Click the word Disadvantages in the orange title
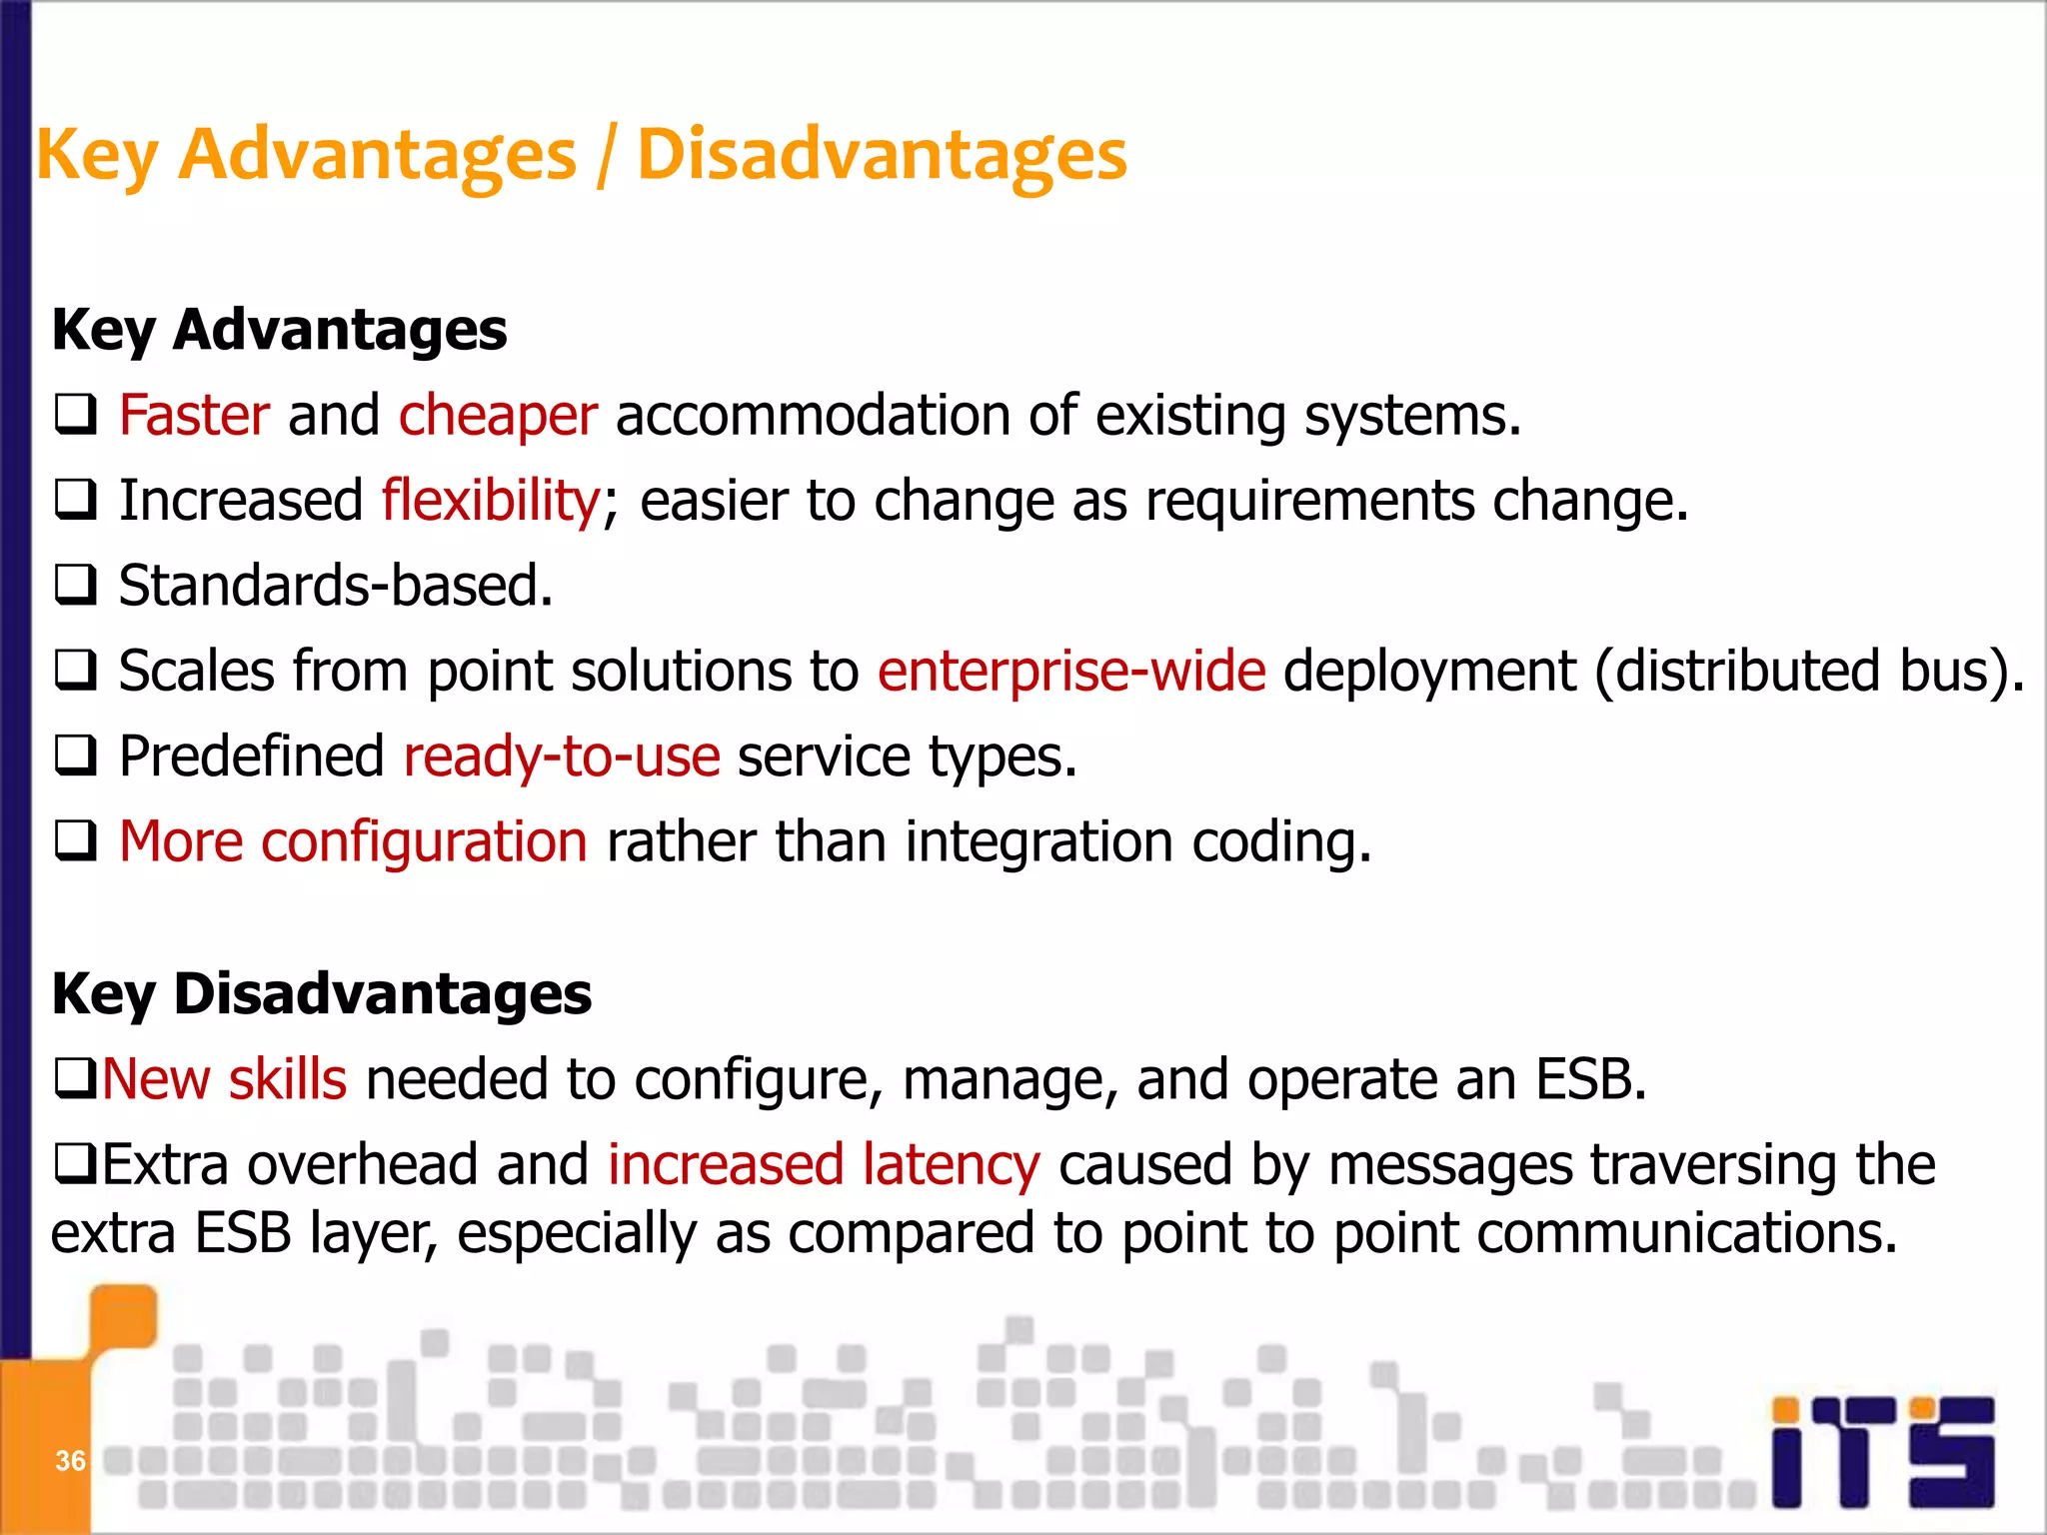pyautogui.click(x=882, y=155)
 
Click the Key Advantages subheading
pyautogui.click(x=279, y=330)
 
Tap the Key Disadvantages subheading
pyautogui.click(x=321, y=993)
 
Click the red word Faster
pyautogui.click(x=194, y=415)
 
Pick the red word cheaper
pyautogui.click(x=498, y=415)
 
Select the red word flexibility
pyautogui.click(x=490, y=500)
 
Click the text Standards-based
pyautogui.click(x=336, y=586)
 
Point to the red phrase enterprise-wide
pyautogui.click(x=1071, y=671)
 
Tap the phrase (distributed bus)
pyautogui.click(x=1809, y=671)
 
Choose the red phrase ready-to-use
pyautogui.click(x=562, y=757)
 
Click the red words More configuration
pyautogui.click(x=353, y=841)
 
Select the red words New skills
pyautogui.click(x=225, y=1079)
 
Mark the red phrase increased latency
pyautogui.click(x=824, y=1165)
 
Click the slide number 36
pyautogui.click(x=70, y=1460)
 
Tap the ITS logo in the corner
pyautogui.click(x=1883, y=1450)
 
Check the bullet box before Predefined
pyautogui.click(x=76, y=757)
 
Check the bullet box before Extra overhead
pyautogui.click(x=75, y=1165)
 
